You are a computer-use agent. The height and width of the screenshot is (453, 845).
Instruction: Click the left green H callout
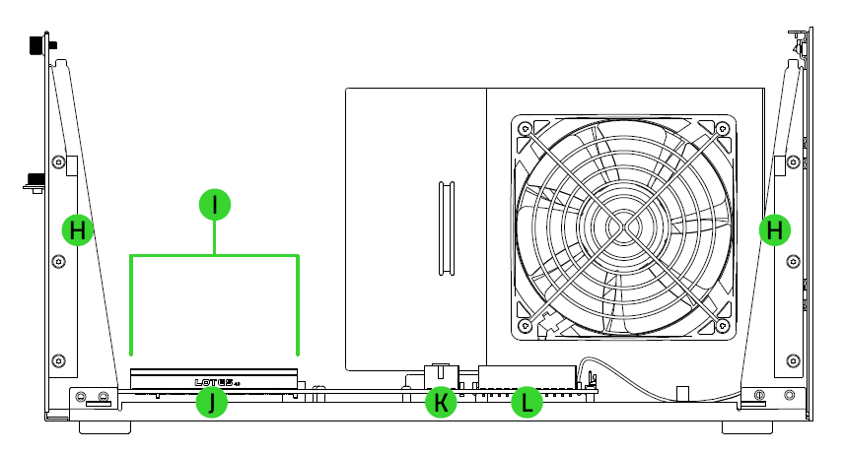(78, 230)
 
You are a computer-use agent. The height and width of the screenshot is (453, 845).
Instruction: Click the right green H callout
(776, 230)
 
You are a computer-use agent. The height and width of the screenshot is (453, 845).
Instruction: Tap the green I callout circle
(215, 205)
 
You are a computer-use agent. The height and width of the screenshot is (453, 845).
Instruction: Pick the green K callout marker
(442, 402)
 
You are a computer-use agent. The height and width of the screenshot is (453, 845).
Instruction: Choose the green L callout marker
(527, 402)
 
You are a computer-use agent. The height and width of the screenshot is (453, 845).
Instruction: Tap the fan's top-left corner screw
(524, 128)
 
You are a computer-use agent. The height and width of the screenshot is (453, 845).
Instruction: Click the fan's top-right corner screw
(723, 128)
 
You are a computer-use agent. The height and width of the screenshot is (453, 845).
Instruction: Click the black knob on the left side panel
(35, 179)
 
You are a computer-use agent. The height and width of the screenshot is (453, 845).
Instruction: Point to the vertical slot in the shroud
(445, 227)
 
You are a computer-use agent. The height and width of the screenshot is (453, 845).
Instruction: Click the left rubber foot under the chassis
(104, 428)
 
